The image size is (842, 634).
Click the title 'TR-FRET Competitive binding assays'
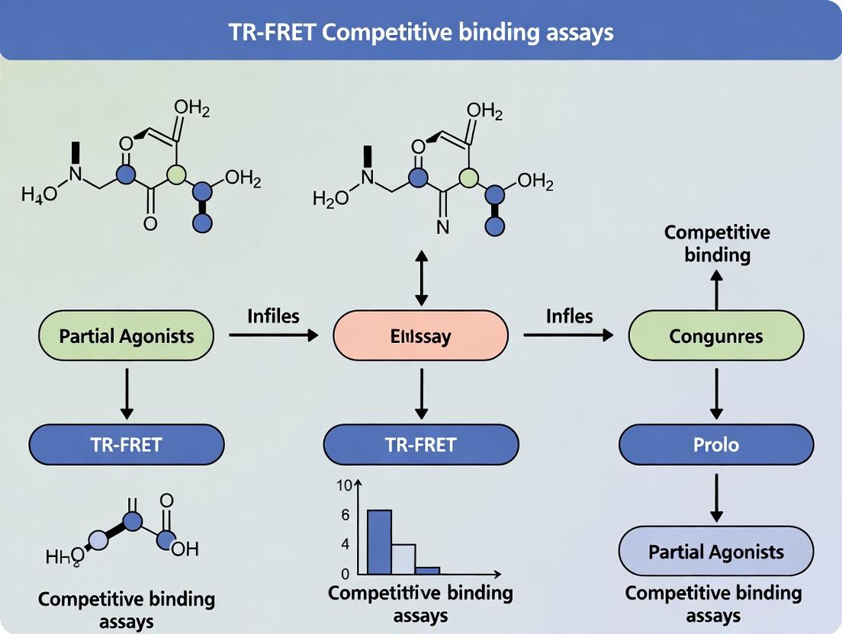point(421,31)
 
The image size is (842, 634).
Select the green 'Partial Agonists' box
point(126,335)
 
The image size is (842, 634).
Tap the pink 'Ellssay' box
point(420,335)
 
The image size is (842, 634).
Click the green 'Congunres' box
point(715,335)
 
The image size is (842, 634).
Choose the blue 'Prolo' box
point(715,443)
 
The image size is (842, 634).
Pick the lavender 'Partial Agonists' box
point(715,551)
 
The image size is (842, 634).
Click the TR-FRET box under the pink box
point(421,444)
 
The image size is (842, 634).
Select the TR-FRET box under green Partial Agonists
point(127,444)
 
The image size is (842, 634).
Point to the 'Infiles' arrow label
point(273,315)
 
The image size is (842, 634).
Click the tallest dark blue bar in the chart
point(380,541)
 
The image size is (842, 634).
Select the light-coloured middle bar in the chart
point(403,558)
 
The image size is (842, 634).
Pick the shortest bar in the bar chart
point(428,569)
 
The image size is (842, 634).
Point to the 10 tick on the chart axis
point(342,485)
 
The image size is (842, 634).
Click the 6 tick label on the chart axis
point(345,515)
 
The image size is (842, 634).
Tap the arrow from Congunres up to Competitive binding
point(715,291)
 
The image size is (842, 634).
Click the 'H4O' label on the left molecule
point(39,194)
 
